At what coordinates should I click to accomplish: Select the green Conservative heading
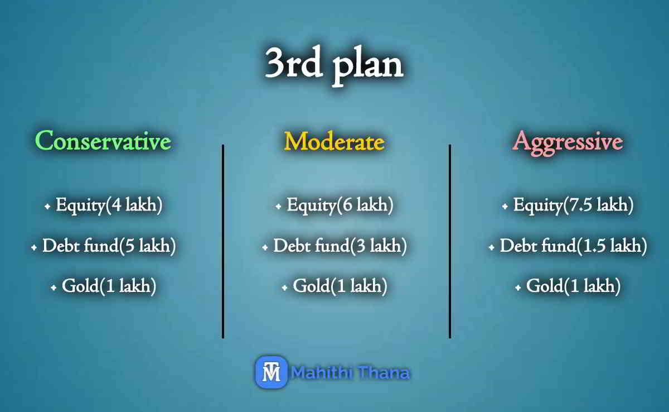[103, 141]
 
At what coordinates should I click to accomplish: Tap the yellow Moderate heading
[334, 141]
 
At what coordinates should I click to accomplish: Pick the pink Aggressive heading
[567, 141]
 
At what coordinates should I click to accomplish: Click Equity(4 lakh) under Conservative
[109, 205]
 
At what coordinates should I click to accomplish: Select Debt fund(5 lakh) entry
[109, 246]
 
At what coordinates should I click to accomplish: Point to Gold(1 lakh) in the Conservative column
[109, 287]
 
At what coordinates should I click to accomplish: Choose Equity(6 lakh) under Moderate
[340, 205]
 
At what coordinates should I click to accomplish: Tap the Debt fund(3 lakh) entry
[340, 246]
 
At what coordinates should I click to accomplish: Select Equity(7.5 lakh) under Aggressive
[573, 205]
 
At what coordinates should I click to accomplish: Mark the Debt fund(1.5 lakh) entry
[573, 246]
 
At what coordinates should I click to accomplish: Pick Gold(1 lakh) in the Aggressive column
[573, 287]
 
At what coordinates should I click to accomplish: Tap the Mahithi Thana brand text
[351, 372]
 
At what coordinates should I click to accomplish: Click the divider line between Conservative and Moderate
[223, 241]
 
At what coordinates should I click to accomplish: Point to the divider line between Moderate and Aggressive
[449, 241]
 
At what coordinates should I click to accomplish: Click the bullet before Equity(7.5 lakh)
[505, 207]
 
